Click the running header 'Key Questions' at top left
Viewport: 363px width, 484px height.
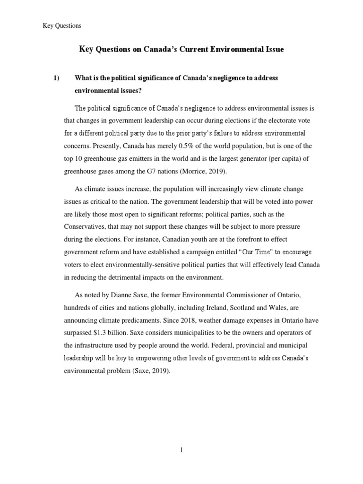tap(62, 26)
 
